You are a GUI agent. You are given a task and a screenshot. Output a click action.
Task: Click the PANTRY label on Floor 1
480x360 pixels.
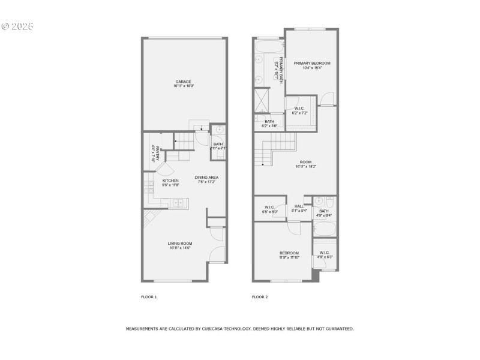click(x=155, y=155)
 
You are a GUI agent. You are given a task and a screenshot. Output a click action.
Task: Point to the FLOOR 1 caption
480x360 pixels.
click(x=148, y=296)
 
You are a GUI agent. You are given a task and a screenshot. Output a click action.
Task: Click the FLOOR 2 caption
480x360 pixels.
click(x=259, y=296)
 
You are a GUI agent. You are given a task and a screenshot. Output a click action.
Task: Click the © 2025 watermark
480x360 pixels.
click(x=17, y=26)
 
